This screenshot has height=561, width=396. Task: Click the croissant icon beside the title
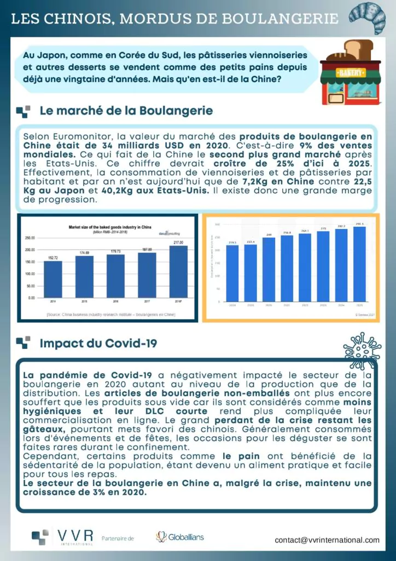tap(367, 18)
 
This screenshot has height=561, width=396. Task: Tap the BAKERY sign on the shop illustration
tap(350, 72)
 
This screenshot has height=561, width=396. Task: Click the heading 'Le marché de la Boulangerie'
tap(126, 111)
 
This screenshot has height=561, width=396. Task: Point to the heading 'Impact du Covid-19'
tap(98, 344)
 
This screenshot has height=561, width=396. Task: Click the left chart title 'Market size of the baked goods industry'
tap(107, 226)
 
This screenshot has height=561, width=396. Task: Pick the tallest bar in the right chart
tap(359, 264)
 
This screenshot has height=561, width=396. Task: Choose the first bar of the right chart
tap(232, 273)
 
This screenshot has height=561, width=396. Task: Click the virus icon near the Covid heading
tap(362, 350)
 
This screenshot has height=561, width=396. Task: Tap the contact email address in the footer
tap(327, 540)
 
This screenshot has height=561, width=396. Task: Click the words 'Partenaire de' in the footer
tap(118, 538)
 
